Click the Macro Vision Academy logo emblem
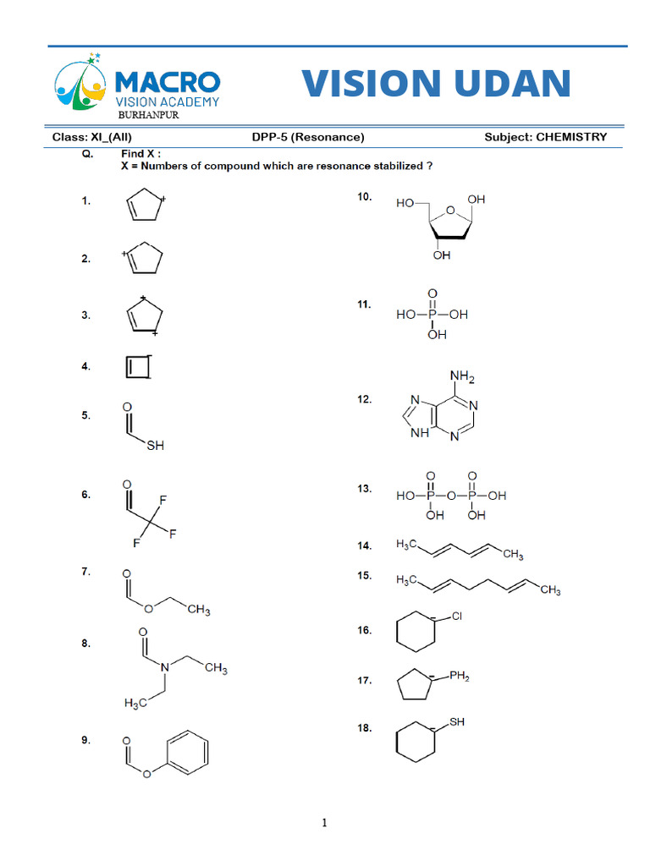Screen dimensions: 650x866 [80, 83]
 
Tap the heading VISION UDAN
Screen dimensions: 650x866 [436, 83]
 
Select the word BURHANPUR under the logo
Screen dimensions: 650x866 [148, 115]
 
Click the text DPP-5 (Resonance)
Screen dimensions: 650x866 [308, 137]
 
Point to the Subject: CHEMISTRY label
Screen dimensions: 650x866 [546, 137]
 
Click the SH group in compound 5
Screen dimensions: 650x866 [156, 445]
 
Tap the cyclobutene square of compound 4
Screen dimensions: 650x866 [138, 367]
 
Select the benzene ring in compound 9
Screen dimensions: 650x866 [187, 751]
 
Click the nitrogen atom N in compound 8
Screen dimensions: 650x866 [164, 667]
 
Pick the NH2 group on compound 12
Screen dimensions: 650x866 [462, 377]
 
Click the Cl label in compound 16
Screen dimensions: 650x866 [456, 616]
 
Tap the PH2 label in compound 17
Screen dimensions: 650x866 [460, 676]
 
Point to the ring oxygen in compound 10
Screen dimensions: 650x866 [450, 210]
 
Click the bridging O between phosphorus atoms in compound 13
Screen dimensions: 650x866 [451, 496]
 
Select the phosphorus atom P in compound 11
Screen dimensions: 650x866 [432, 315]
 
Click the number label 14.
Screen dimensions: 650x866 [364, 545]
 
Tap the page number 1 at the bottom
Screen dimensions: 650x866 [324, 822]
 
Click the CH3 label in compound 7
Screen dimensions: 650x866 [198, 610]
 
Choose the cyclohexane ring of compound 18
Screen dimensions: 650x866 [416, 742]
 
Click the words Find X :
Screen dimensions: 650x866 [141, 154]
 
